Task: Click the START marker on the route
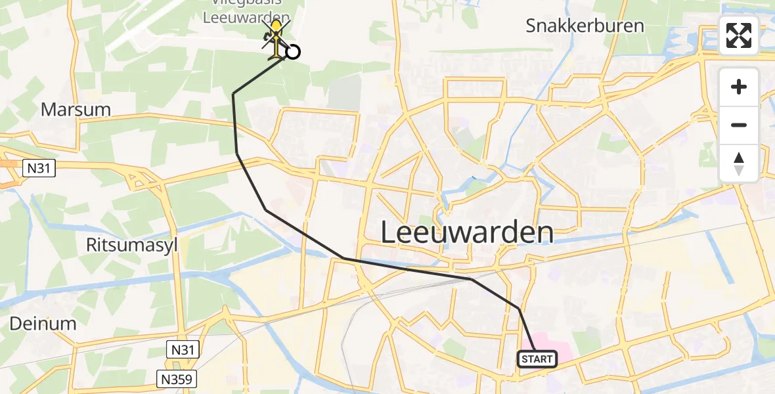point(538,359)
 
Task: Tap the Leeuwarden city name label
point(467,233)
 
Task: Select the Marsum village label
point(76,109)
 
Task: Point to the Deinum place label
point(43,323)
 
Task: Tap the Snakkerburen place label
point(585,26)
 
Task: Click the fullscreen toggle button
point(739,35)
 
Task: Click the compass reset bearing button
point(739,163)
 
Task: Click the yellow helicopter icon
point(277,37)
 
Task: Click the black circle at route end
point(293,51)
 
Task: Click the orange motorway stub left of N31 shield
point(8,164)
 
